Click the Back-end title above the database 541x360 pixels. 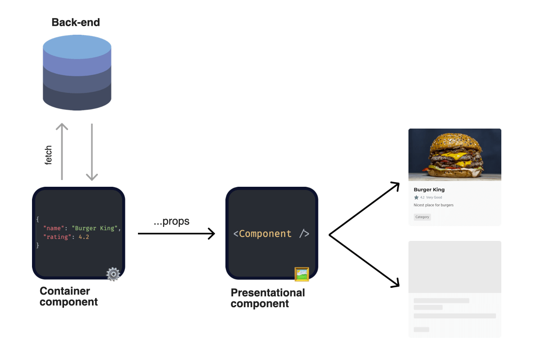coord(76,22)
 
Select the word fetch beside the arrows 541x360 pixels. coord(49,155)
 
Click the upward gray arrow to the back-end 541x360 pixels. coord(62,151)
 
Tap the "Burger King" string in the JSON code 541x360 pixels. coord(96,228)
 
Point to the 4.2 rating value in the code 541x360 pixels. coord(83,237)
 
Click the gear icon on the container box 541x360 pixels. coord(113,274)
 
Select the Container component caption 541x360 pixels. coord(69,296)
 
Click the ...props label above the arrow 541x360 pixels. coord(171,222)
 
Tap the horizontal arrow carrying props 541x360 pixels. coord(176,234)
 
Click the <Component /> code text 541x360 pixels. coord(271,234)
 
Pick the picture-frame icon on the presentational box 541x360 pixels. coord(302,274)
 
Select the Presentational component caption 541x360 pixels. coord(268,298)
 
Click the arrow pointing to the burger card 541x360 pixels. coord(364,208)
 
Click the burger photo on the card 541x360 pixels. coord(454,154)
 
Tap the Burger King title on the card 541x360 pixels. coord(429,189)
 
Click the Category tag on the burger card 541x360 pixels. coord(422,217)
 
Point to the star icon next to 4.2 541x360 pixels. coord(416,198)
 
